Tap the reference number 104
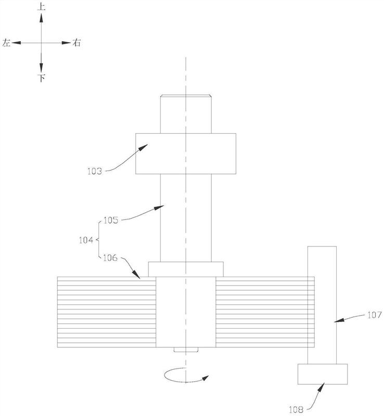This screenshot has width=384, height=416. coord(86,240)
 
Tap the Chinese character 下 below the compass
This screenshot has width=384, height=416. coord(42,79)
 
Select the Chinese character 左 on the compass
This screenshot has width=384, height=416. coord(6,44)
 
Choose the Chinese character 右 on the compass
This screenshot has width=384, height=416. coord(76,44)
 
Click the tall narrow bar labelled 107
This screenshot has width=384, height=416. coord(322,304)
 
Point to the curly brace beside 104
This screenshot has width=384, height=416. coord(98,240)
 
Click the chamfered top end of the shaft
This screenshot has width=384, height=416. coord(186,96)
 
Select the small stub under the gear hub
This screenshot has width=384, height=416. coord(186,350)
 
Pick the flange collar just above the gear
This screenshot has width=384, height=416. coord(186,269)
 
